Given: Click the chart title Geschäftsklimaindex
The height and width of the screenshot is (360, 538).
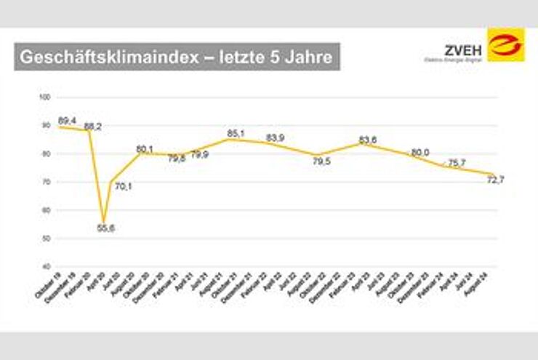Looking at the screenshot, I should point(177,57).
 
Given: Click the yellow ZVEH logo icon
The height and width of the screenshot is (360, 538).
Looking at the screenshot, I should point(506,45).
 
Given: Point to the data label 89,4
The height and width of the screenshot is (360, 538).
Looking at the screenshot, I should point(67,121).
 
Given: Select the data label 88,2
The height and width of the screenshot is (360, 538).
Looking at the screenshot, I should point(93,127).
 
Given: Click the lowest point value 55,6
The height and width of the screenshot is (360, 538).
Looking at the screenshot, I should point(107,228).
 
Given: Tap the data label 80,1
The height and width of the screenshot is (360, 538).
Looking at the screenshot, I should point(145,149).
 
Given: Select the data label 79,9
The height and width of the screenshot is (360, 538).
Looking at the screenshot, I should point(200,155).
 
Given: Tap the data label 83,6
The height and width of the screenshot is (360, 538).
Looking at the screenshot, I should point(368,140).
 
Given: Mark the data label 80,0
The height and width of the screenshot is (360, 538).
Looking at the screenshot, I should point(420,152).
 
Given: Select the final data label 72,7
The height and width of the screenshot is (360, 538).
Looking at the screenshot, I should point(496,181).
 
